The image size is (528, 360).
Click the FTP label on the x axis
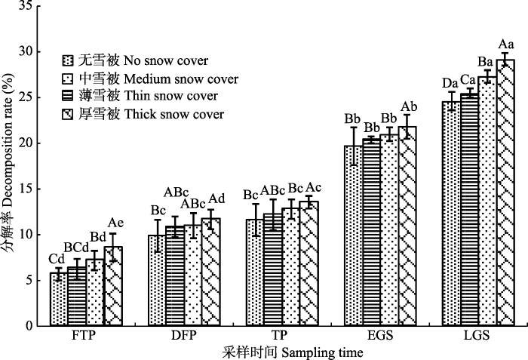coord(84,335)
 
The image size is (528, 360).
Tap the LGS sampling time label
coord(477,335)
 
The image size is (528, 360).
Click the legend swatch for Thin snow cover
coord(68,97)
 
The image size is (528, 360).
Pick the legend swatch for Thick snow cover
coord(68,114)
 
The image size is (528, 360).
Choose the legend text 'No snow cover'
coord(166,60)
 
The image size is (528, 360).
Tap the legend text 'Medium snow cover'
coord(181,79)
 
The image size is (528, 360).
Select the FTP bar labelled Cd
coord(59,299)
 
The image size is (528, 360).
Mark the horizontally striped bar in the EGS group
coord(371,232)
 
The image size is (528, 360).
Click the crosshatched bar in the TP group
coord(309,263)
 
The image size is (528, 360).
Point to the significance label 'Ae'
coord(115,223)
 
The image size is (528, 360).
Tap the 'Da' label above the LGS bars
coord(450,83)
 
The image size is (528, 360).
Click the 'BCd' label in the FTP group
coord(76,248)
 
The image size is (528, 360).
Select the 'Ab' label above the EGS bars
coord(409,107)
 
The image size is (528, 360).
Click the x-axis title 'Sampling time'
coord(322,353)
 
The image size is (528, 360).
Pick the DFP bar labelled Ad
coord(210,272)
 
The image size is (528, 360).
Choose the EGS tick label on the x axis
coord(380,335)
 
